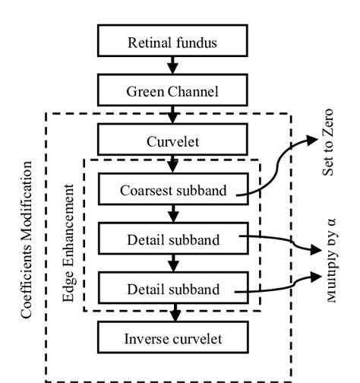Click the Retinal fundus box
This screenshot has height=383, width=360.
pos(172,43)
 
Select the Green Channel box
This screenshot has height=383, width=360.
pos(172,91)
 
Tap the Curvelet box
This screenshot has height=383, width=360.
pos(172,141)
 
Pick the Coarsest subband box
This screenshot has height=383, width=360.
pos(172,190)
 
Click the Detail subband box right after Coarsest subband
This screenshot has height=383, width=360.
pos(172,239)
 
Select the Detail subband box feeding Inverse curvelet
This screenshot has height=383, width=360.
pos(172,289)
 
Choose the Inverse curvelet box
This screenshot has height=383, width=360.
pos(172,338)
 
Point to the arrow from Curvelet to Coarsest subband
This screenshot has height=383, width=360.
pos(172,165)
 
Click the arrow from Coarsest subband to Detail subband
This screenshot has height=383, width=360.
pos(172,214)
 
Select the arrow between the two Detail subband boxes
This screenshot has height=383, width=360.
pos(172,264)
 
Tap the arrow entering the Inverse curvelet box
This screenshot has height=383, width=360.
pos(172,313)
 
